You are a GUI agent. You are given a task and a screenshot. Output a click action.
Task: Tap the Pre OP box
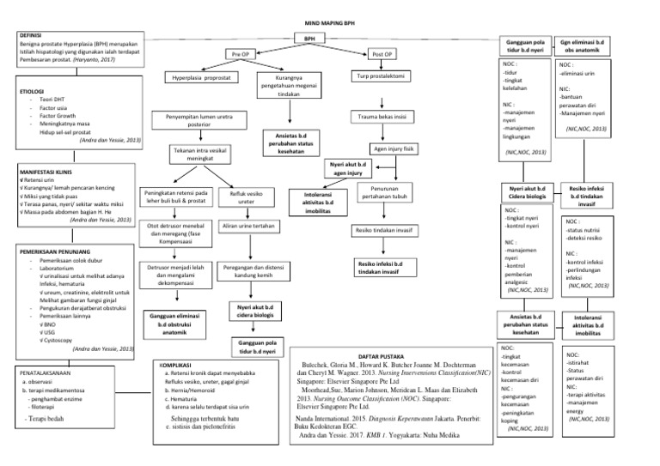[240, 54]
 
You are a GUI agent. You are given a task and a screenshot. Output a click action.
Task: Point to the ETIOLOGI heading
[33, 89]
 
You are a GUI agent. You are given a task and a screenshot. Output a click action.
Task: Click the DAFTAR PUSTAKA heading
[384, 354]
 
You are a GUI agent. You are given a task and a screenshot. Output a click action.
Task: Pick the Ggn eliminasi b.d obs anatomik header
[581, 45]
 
